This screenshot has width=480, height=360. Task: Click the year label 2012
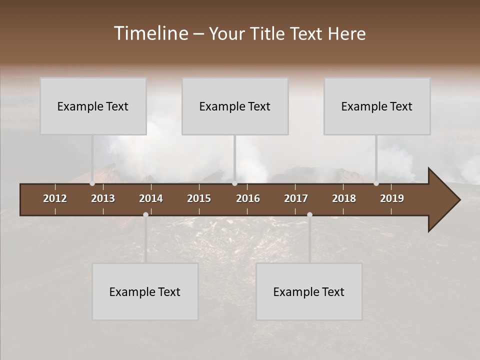pos(55,198)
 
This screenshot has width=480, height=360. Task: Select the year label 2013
pos(103,198)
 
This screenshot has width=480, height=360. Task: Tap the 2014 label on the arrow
pos(151,198)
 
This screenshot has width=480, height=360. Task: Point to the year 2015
pos(199,198)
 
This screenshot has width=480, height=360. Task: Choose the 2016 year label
pos(248,198)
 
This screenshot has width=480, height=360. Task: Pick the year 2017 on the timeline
pos(296,198)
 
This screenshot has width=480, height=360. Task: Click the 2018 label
pos(344,198)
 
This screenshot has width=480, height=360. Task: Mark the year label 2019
pos(392,198)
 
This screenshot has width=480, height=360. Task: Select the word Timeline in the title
pos(150,33)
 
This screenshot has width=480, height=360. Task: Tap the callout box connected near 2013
pos(93,106)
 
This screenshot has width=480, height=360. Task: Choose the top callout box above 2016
pos(235,106)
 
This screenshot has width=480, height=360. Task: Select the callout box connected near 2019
pos(377,106)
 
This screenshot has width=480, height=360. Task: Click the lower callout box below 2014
pos(145,291)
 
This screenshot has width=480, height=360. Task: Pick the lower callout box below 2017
pos(309,291)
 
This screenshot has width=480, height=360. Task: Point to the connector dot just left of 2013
pos(92,183)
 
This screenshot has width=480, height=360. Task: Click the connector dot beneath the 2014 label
pos(145,214)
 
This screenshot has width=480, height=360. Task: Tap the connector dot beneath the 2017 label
pos(309,214)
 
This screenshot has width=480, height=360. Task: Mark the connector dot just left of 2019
pos(376,183)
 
